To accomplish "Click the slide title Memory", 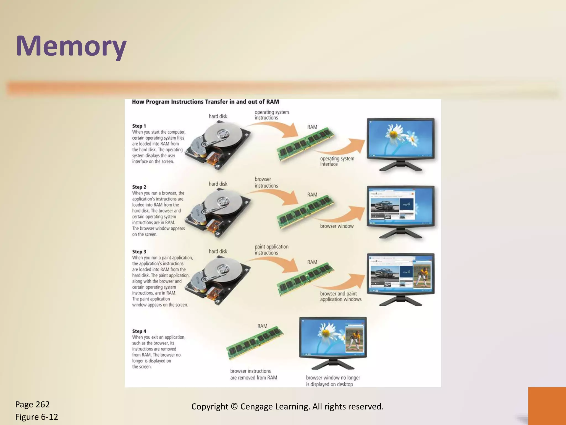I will coord(71,46).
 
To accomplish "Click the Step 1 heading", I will coord(139,126).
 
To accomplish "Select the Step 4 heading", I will coord(139,331).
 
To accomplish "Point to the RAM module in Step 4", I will coord(255,343).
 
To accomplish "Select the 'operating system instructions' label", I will coord(271,115).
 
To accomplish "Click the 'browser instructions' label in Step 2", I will coord(266,182).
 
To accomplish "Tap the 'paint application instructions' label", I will coord(271,250).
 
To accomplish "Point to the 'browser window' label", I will coord(337,226).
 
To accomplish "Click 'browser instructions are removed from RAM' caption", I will coord(253,374).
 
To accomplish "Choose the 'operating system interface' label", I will coord(337,161).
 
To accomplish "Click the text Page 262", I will coord(32,404).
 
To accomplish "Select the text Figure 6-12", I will coord(36,417).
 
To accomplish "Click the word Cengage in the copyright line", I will coord(257,406).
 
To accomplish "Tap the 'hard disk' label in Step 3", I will coord(218,251).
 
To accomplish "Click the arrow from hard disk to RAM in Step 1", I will coord(276,129).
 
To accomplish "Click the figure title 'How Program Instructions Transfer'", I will coord(205,102).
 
